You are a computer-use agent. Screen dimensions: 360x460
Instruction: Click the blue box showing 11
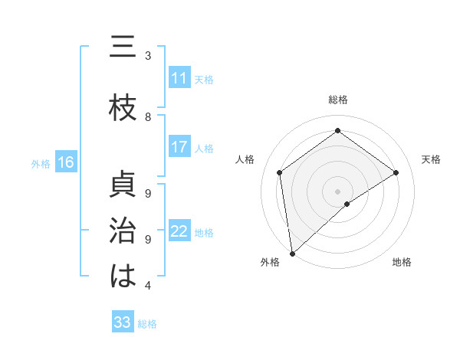tap(179, 78)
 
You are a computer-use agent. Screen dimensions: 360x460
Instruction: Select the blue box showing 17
tap(179, 147)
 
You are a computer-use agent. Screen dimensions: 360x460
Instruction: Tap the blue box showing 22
tap(179, 231)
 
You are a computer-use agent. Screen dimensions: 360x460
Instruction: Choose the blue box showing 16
tap(65, 162)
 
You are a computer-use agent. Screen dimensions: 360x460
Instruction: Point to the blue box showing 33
tap(123, 322)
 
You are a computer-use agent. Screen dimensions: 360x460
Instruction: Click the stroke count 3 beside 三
tap(148, 55)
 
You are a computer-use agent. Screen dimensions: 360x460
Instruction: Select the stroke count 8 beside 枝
tap(148, 116)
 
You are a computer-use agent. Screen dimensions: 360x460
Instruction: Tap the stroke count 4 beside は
tap(148, 285)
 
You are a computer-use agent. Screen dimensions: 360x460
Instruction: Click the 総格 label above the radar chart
tap(338, 100)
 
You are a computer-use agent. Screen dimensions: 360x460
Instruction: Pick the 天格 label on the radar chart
tap(432, 159)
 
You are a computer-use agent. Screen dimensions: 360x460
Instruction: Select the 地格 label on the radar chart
tap(402, 262)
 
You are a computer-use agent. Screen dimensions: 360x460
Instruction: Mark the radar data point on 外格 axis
tap(291, 254)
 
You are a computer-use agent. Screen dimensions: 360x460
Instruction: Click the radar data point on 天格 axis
tap(396, 172)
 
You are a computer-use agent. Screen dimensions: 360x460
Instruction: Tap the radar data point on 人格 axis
tap(280, 172)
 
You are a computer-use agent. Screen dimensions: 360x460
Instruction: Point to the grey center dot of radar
tap(338, 191)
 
